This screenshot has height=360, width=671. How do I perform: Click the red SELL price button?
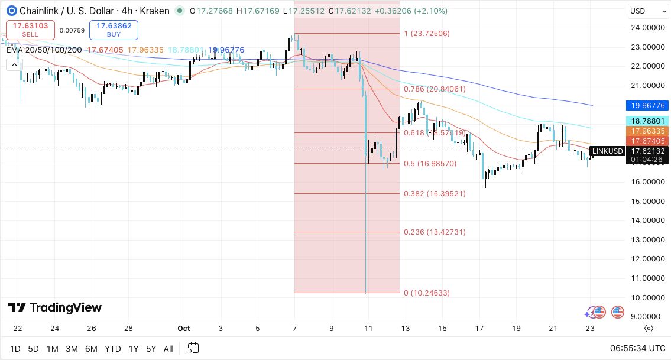(30, 30)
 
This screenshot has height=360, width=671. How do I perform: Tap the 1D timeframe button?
(15, 349)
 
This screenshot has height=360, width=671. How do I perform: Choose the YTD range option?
(112, 349)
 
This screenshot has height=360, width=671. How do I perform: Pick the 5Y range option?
(151, 349)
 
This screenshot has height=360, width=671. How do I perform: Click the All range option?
(168, 349)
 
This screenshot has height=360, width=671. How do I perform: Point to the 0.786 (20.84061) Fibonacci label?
(435, 89)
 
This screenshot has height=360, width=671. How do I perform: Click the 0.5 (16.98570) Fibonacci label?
(430, 164)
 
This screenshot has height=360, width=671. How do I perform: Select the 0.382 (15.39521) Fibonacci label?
(435, 194)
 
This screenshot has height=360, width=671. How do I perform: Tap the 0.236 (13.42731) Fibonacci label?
(435, 232)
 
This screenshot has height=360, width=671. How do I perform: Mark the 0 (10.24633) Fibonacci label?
(427, 293)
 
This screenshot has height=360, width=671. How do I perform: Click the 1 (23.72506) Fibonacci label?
(427, 34)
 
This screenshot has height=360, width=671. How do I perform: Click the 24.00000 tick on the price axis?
(647, 27)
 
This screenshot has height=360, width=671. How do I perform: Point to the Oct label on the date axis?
(184, 329)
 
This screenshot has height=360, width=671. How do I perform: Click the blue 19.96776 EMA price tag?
(647, 106)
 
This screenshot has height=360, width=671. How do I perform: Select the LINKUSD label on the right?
(607, 151)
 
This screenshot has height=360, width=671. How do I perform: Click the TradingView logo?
(55, 307)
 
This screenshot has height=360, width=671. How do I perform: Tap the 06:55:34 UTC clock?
(638, 349)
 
